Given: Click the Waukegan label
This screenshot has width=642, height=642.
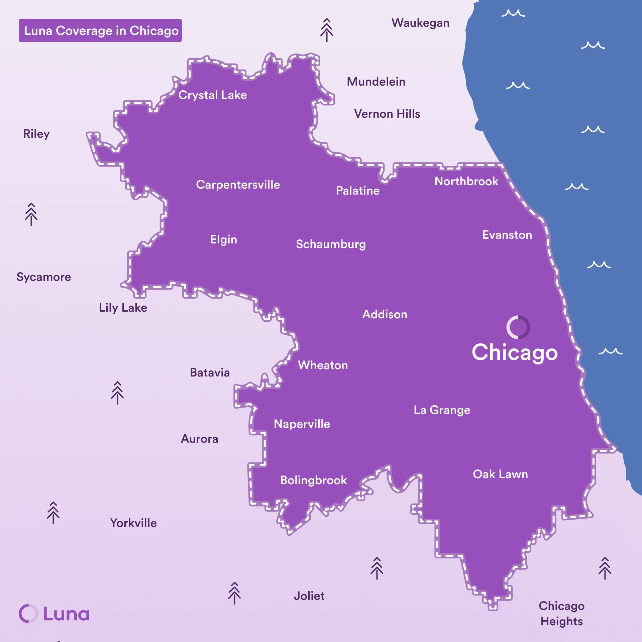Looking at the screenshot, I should pyautogui.click(x=420, y=23).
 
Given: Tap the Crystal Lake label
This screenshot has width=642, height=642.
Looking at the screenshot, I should pyautogui.click(x=212, y=95).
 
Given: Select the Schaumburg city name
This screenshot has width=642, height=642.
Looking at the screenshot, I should pyautogui.click(x=331, y=244).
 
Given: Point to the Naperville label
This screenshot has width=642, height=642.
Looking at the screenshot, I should pyautogui.click(x=302, y=424).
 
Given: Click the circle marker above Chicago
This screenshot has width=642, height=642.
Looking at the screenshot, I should pyautogui.click(x=518, y=327).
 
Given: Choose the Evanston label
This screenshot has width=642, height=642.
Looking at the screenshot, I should pyautogui.click(x=507, y=235).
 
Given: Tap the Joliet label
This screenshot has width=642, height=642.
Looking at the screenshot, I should pyautogui.click(x=309, y=596).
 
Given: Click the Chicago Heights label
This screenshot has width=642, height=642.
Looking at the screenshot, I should pyautogui.click(x=562, y=614).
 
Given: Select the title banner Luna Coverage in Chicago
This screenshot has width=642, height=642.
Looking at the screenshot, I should pyautogui.click(x=100, y=30).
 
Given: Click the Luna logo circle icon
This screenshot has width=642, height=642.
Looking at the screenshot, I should pyautogui.click(x=28, y=614).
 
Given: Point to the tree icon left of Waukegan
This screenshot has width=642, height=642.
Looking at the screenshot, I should pyautogui.click(x=327, y=30).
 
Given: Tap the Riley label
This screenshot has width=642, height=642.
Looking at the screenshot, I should pyautogui.click(x=36, y=134).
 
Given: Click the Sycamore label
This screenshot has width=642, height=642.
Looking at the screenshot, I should pyautogui.click(x=44, y=277).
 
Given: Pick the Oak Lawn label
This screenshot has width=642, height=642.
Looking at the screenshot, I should pyautogui.click(x=500, y=474).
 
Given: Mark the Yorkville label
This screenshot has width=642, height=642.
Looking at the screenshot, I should pyautogui.click(x=133, y=523).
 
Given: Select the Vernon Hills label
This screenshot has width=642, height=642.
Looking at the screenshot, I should pyautogui.click(x=387, y=114).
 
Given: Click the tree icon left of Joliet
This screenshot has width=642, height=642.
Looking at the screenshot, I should pyautogui.click(x=234, y=593).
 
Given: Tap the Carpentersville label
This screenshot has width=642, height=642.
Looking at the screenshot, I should pyautogui.click(x=238, y=185).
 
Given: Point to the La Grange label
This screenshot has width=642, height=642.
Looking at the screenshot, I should pyautogui.click(x=442, y=410).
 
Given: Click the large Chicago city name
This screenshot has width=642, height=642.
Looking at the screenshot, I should pyautogui.click(x=515, y=353).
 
